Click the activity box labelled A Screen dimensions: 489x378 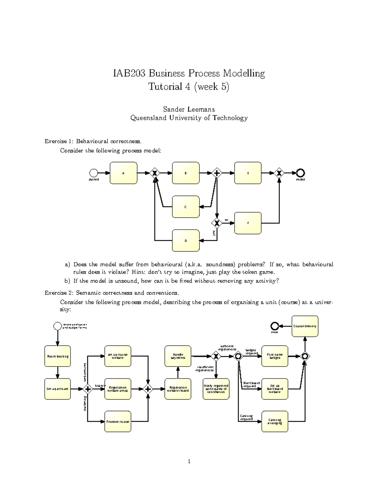point(123,173)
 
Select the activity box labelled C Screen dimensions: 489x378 point(186,207)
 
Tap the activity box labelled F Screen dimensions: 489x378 point(248,223)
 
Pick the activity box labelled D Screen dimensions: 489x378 point(186,241)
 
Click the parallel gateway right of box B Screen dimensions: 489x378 point(217,173)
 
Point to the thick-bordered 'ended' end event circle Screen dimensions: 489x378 point(301,173)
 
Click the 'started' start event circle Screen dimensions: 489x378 point(94,173)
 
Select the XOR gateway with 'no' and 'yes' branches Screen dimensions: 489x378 point(217,223)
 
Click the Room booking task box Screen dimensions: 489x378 point(58,356)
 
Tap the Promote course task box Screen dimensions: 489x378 point(117,421)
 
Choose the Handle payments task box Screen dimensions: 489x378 point(178,356)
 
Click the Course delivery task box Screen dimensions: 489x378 point(305,326)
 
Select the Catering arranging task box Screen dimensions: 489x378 point(275,421)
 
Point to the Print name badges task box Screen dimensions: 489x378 point(275,356)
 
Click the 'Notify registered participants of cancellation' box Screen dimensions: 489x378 point(216,389)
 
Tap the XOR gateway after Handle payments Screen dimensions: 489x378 point(216,356)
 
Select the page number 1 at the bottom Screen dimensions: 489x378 point(189,462)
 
